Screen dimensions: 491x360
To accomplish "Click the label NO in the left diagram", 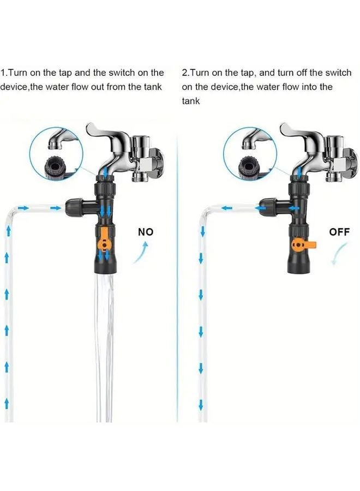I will pyautogui.click(x=146, y=232).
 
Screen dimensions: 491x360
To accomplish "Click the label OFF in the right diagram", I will pyautogui.click(x=339, y=232).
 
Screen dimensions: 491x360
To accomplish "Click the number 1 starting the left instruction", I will pyautogui.click(x=3, y=73).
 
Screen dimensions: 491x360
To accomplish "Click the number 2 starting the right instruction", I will pyautogui.click(x=184, y=73).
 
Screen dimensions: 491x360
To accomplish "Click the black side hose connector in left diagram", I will pyautogui.click(x=75, y=208).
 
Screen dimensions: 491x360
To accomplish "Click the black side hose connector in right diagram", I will pyautogui.click(x=267, y=208).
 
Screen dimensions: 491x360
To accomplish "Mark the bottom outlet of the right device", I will pyautogui.click(x=297, y=269).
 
